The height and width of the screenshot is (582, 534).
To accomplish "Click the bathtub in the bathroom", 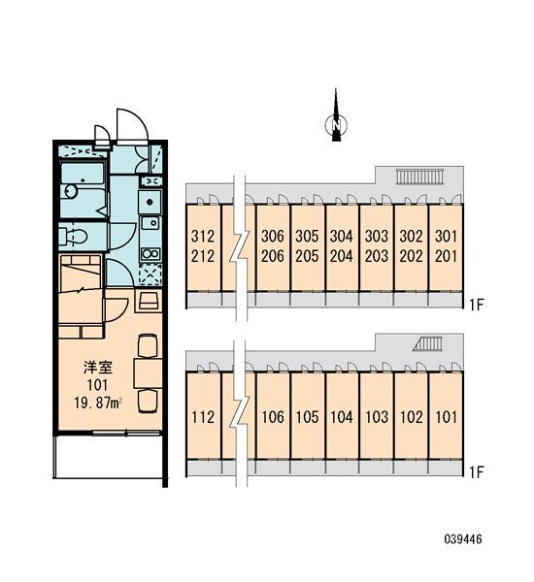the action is tap(83, 175).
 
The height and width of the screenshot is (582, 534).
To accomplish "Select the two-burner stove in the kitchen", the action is tap(150, 254).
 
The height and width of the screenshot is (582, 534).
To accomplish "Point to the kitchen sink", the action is tap(150, 223).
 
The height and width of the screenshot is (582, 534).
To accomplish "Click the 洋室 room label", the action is tap(98, 368).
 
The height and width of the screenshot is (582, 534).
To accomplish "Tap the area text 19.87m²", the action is tap(98, 403).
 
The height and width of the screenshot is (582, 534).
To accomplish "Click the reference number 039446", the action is tap(463, 539).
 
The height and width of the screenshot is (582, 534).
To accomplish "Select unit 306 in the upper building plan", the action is tap(273, 236).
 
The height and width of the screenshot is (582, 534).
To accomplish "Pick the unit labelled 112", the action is tap(203, 417).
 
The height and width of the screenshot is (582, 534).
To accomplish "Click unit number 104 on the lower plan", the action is tap(342, 417).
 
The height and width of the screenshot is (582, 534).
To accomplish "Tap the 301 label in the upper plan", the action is tap(446, 236).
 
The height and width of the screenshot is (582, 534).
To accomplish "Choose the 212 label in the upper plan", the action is tap(203, 256).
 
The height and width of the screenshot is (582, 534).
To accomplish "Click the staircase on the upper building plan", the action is tap(419, 176).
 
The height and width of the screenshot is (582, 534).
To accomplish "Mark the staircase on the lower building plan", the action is tap(428, 343).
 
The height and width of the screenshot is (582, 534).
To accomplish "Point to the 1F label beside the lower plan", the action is tap(476, 472).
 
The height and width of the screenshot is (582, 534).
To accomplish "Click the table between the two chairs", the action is tap(148, 373).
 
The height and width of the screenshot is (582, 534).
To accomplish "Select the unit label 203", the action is tap(376, 256).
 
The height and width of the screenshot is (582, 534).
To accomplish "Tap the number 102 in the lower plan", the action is tap(411, 417).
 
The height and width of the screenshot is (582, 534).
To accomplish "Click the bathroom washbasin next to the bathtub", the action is tap(70, 191).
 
